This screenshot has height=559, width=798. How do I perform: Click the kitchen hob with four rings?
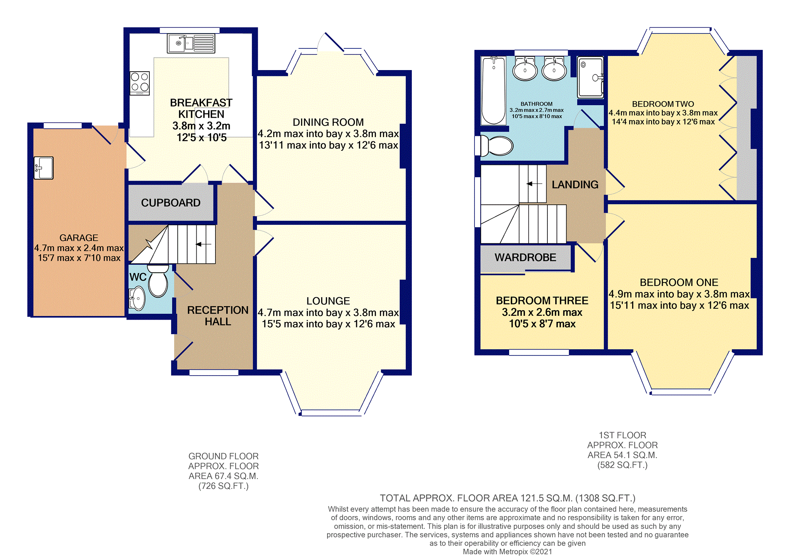pos(140,83)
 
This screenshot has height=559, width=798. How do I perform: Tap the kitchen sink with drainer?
pos(191,43)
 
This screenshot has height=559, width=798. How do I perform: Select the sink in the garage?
pos(43,168)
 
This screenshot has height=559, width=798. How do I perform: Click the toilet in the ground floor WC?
pos(158,281)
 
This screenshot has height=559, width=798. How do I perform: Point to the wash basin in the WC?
pos(137,298)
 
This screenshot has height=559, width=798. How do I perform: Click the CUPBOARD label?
pos(171,203)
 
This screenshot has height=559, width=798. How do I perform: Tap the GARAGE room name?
pos(79,238)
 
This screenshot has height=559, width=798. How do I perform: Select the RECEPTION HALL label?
pos(218,316)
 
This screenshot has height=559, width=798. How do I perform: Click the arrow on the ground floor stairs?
pos(204,244)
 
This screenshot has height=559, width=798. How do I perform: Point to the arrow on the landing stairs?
pos(535,184)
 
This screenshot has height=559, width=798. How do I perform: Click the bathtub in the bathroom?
pos(493,91)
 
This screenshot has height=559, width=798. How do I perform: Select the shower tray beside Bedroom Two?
pos(590,77)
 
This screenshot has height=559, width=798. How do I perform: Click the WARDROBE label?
pos(525,257)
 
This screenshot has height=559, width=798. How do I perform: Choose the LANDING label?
pos(575,185)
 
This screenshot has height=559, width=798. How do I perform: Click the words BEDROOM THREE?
pos(542,300)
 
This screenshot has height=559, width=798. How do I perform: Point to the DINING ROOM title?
pos(328,122)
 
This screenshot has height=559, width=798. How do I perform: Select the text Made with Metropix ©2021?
pos(508,552)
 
